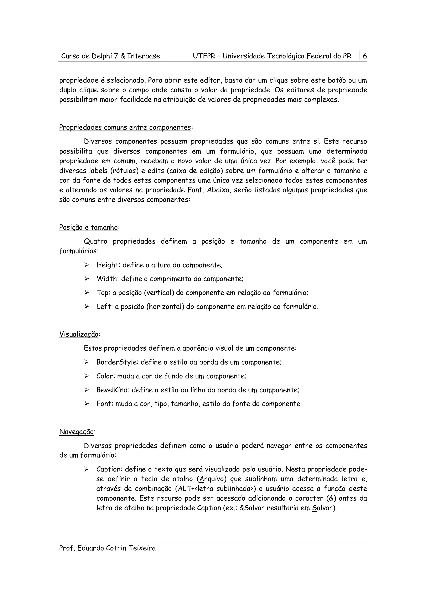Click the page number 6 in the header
365,56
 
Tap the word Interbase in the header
144,56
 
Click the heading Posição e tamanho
88,227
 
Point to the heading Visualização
79,334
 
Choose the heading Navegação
76,432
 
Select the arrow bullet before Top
87,293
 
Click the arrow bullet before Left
87,306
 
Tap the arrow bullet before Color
87,376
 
